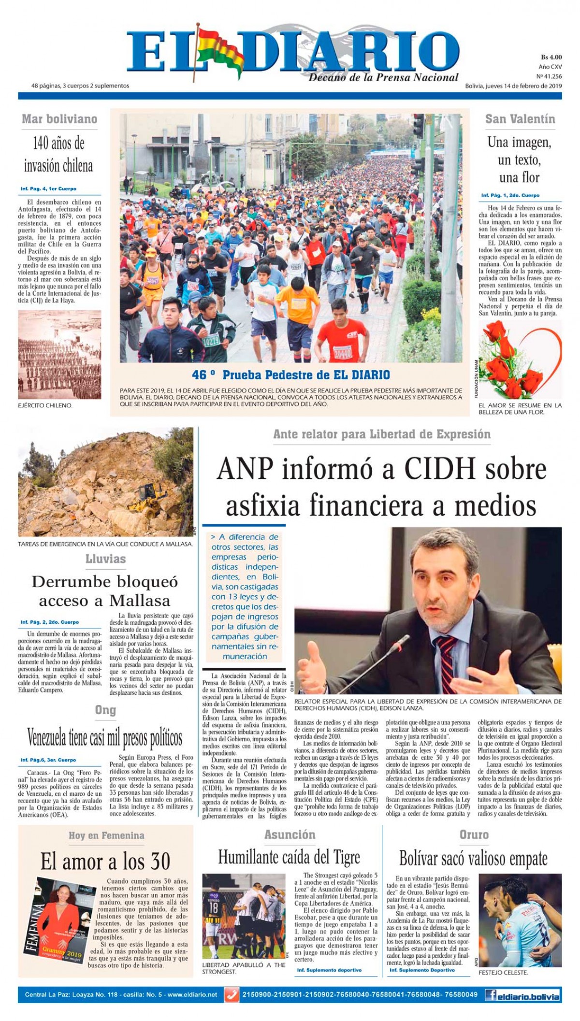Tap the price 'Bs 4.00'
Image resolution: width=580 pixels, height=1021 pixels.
[x=551, y=57]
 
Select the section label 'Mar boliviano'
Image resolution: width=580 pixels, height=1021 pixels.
[x=59, y=119]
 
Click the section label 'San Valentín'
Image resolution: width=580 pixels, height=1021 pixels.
[x=520, y=119]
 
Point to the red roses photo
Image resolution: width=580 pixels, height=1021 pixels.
[x=520, y=359]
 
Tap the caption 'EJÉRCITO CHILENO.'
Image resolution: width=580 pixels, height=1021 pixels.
[x=45, y=405]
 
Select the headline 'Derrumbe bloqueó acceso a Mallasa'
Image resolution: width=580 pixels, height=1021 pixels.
[x=105, y=591]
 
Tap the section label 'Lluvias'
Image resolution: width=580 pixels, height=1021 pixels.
[x=105, y=559]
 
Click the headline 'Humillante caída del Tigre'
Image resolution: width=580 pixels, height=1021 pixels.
[x=289, y=857]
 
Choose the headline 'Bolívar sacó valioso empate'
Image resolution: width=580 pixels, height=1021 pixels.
[x=473, y=859]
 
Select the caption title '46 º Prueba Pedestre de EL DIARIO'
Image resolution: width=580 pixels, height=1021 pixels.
[x=290, y=374]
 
